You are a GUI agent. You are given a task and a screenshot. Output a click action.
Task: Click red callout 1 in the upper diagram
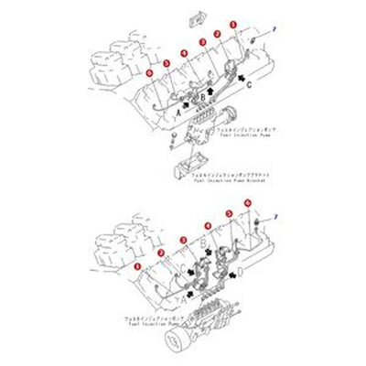point(233,25)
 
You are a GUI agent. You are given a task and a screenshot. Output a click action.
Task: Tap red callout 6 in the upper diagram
point(149,71)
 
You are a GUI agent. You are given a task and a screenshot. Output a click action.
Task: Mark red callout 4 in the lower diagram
point(207,224)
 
